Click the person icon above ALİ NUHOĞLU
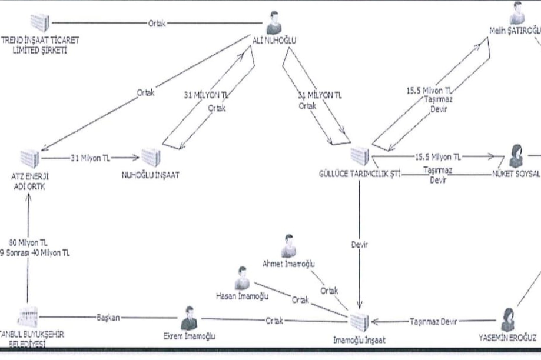(x=273, y=22)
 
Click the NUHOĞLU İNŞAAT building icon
(x=151, y=157)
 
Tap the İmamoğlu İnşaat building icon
(x=359, y=321)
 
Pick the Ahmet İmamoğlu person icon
(x=288, y=245)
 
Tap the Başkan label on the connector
(x=108, y=318)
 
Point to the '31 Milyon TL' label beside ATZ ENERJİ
(x=89, y=158)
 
